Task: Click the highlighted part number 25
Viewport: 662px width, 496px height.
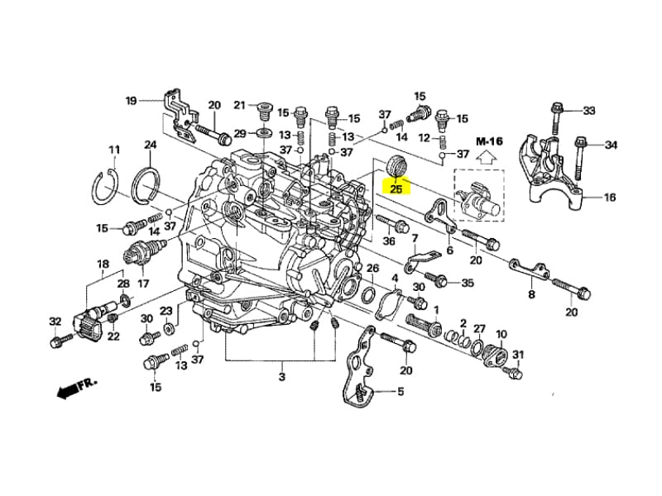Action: point(396,188)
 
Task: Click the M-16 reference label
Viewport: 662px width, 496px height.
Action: point(489,141)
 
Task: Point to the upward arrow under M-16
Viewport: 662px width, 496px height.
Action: point(487,157)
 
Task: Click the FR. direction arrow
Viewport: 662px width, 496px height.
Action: point(76,389)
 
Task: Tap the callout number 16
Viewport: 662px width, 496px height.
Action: point(610,197)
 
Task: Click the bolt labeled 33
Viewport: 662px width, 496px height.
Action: point(554,117)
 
